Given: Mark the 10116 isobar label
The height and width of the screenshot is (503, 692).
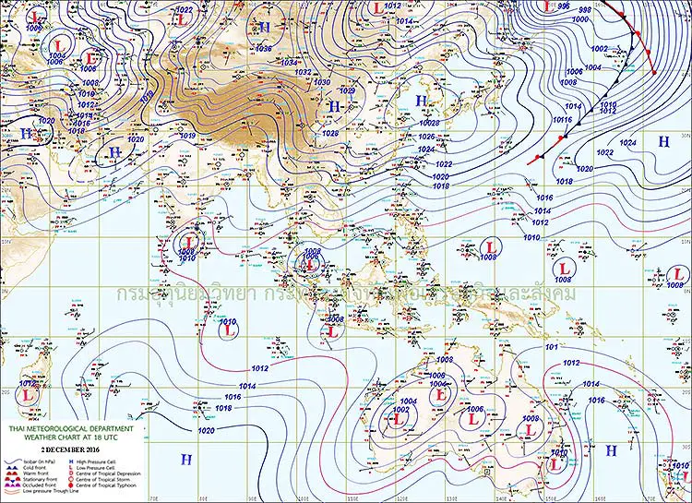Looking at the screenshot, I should point(563,119).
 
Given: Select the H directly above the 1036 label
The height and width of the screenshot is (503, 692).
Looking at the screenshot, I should point(265,27).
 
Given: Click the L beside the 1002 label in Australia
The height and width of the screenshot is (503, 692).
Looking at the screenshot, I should point(399,418).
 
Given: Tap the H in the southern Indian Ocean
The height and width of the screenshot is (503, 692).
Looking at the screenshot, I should point(185,459).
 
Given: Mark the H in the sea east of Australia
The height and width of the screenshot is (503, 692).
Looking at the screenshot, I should point(611,449).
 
